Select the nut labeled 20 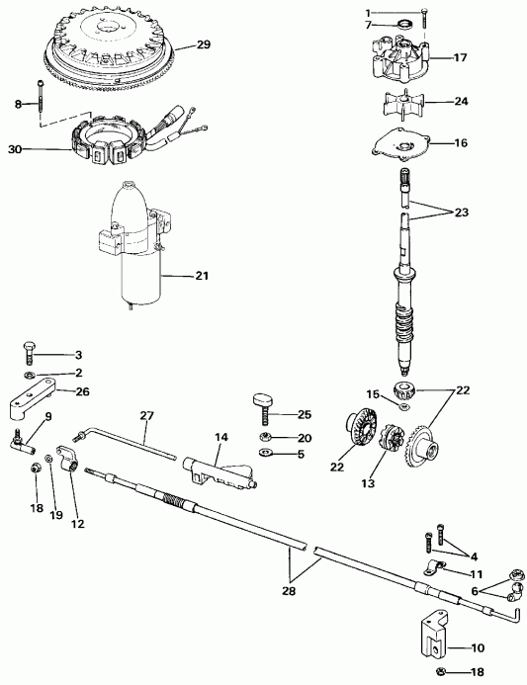point(267,436)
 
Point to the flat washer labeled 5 point(268,454)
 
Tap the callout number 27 point(148,414)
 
